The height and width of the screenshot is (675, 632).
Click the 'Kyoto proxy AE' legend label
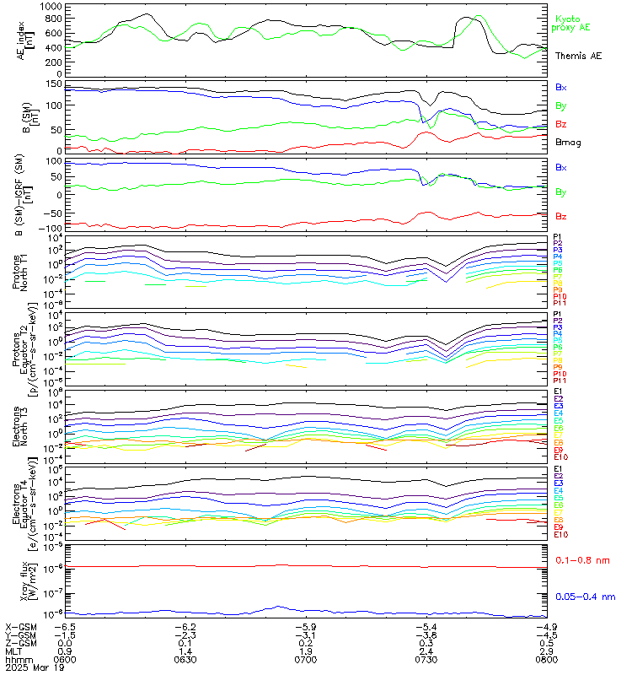[x=573, y=23]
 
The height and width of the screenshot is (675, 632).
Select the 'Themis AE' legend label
[x=579, y=56]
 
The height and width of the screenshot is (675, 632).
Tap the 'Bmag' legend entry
[x=568, y=143]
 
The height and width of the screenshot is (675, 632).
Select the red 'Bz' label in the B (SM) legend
[x=562, y=124]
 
